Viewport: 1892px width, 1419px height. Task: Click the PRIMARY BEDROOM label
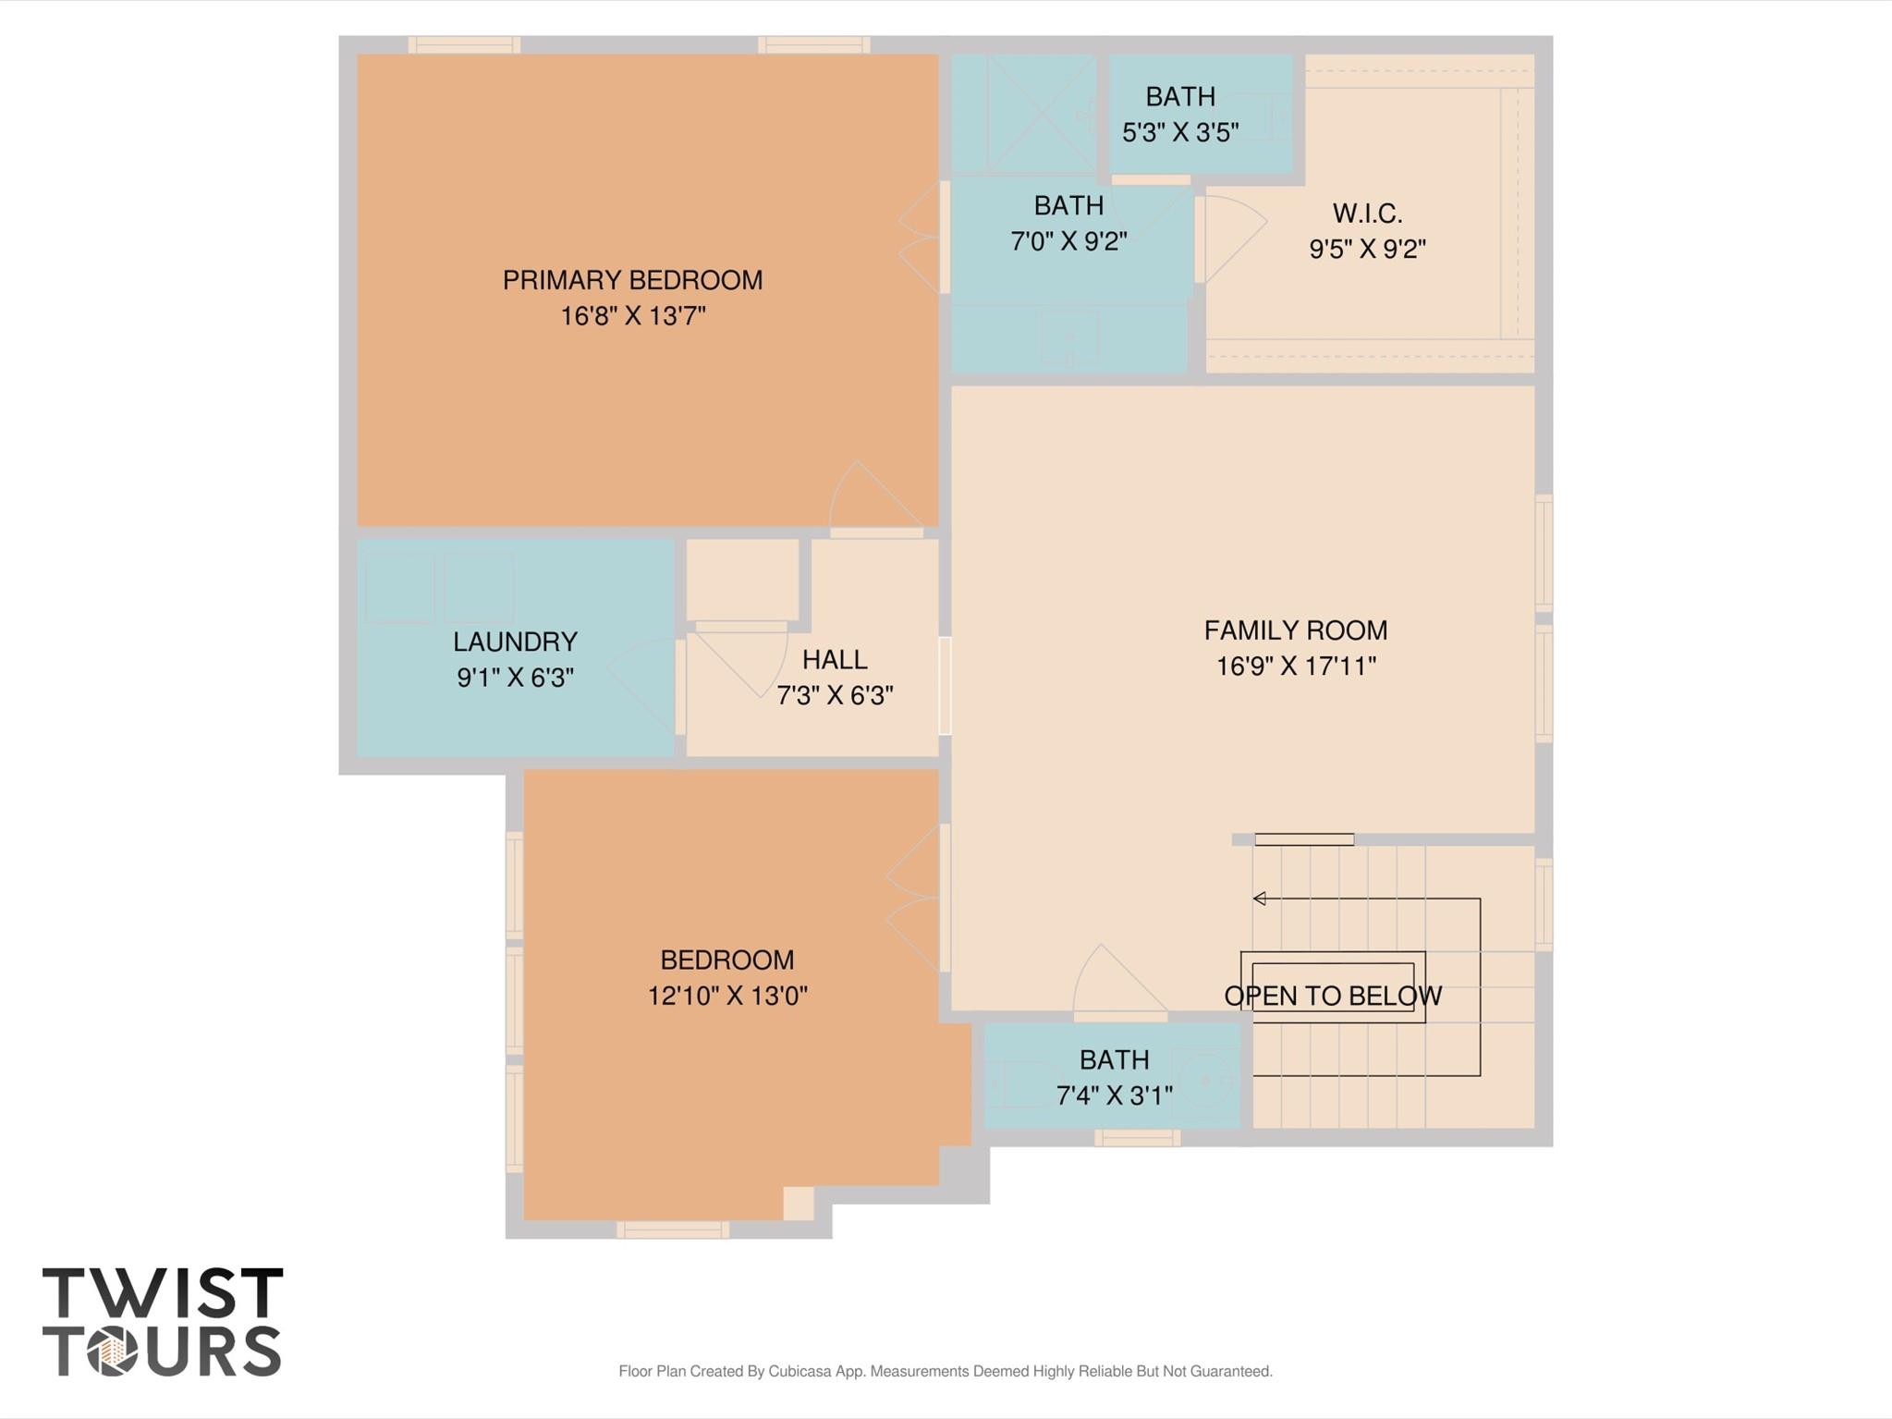pyautogui.click(x=632, y=280)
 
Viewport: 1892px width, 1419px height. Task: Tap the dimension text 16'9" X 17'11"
pyautogui.click(x=1295, y=667)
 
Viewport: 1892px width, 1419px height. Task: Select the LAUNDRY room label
pyautogui.click(x=515, y=642)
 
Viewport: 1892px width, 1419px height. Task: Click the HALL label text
pyautogui.click(x=834, y=659)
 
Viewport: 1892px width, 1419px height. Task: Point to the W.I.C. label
pyautogui.click(x=1367, y=214)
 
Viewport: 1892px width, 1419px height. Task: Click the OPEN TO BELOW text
pyautogui.click(x=1332, y=996)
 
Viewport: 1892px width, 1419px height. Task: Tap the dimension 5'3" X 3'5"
pyautogui.click(x=1180, y=132)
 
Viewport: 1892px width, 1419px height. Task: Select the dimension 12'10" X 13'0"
pyautogui.click(x=727, y=996)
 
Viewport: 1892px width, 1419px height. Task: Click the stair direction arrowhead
pyautogui.click(x=1259, y=899)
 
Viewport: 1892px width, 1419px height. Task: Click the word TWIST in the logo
pyautogui.click(x=163, y=1293)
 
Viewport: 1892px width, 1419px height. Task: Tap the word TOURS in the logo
pyautogui.click(x=163, y=1352)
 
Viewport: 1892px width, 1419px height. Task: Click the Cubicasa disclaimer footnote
pyautogui.click(x=945, y=1371)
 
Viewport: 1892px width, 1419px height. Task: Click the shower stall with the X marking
pyautogui.click(x=1023, y=114)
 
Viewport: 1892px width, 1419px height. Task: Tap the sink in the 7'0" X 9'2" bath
pyautogui.click(x=1069, y=336)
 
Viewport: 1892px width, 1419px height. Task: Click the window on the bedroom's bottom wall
pyautogui.click(x=672, y=1229)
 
